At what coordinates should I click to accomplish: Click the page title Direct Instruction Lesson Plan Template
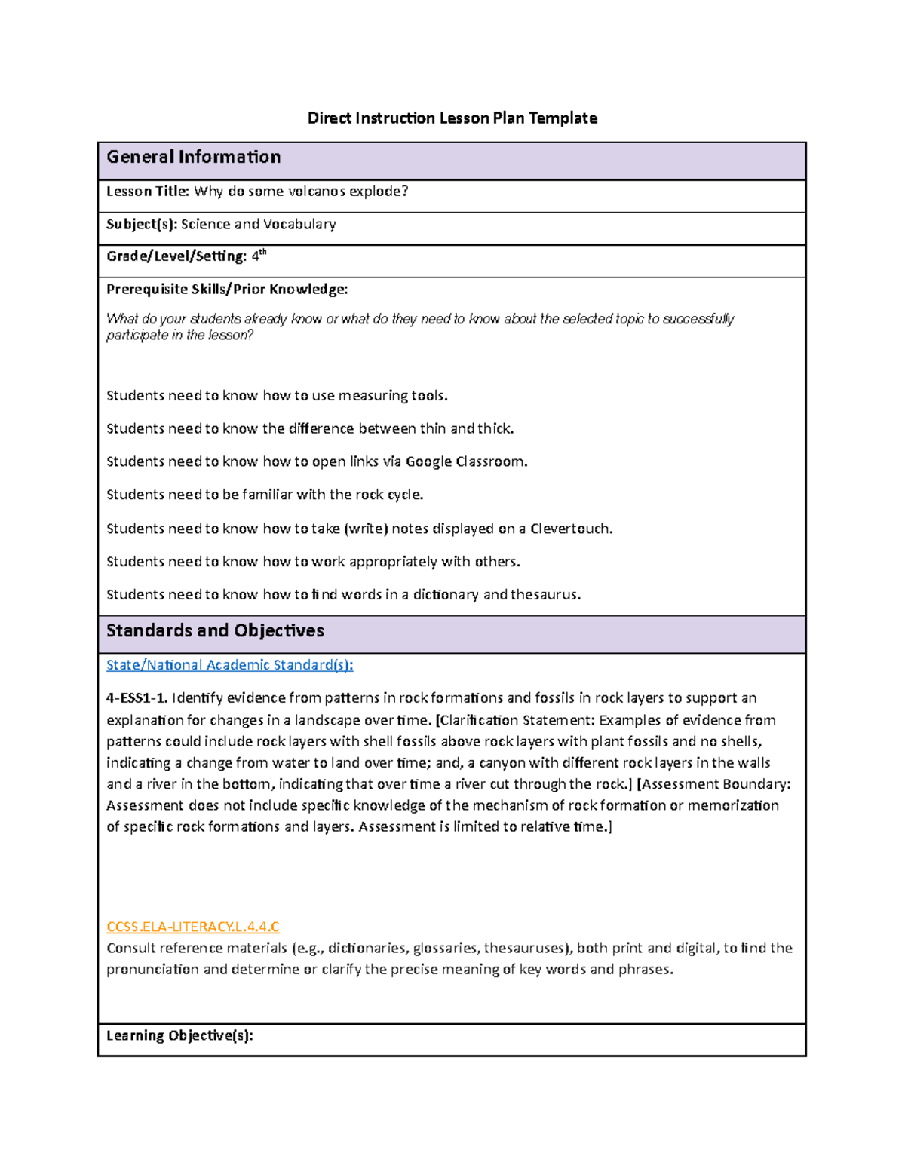pyautogui.click(x=452, y=118)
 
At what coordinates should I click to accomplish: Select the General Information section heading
pyautogui.click(x=193, y=157)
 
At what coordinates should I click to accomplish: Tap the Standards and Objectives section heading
pyautogui.click(x=215, y=630)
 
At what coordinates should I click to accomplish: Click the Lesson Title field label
pyautogui.click(x=147, y=192)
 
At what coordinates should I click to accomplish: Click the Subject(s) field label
pyautogui.click(x=142, y=224)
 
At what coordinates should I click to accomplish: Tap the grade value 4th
pyautogui.click(x=259, y=256)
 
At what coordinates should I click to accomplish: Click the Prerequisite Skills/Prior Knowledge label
pyautogui.click(x=227, y=289)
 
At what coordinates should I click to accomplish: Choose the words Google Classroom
pyautogui.click(x=465, y=461)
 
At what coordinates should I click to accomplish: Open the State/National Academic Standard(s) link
pyautogui.click(x=229, y=665)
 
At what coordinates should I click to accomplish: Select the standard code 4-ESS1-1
pyautogui.click(x=136, y=698)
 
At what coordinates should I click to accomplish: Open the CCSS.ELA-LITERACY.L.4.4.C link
pyautogui.click(x=192, y=927)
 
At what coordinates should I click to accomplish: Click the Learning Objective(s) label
pyautogui.click(x=179, y=1035)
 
